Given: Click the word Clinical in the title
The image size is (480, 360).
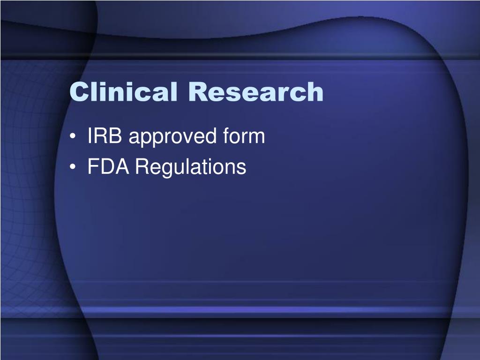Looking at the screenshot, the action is point(123,91).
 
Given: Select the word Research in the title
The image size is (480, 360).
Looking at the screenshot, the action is point(256,91).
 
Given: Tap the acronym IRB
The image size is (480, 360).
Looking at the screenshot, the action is point(105,135).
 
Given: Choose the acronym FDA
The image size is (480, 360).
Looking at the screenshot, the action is point(108,166).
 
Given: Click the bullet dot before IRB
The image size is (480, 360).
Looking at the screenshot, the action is point(72,136).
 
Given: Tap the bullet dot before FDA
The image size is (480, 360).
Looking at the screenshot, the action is point(72,167).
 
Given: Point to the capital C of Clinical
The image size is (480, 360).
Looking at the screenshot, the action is point(80,91).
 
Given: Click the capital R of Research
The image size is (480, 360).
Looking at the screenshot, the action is point(198,91).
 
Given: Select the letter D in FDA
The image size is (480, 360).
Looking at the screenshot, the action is point(107,166).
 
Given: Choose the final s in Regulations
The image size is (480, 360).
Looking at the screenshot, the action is point(241,169).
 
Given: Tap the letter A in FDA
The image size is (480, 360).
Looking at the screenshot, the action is point(122,166).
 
